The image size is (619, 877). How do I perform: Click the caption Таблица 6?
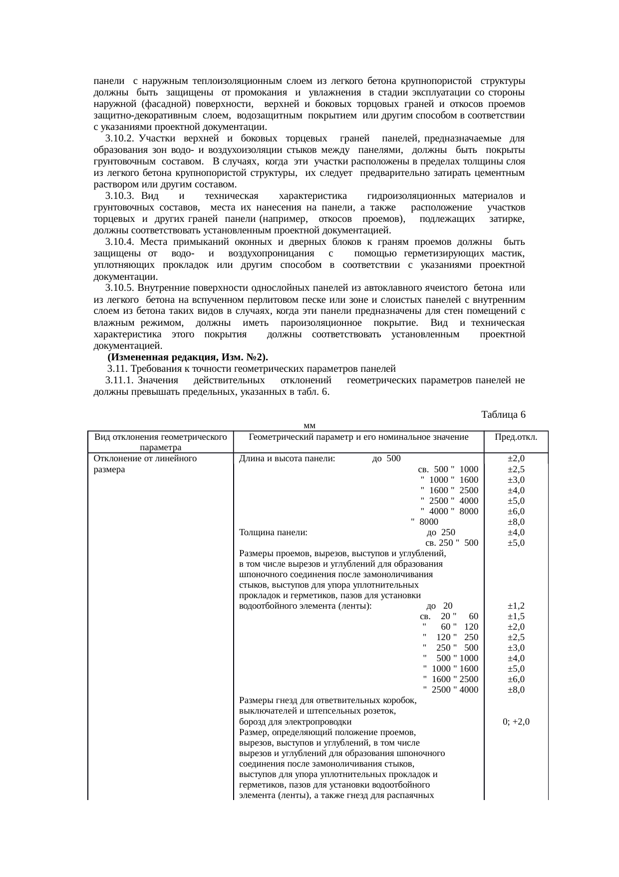pyautogui.click(x=503, y=415)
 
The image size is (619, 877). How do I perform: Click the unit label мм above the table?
pyautogui.click(x=309, y=426)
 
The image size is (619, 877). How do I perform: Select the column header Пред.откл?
pyautogui.click(x=516, y=437)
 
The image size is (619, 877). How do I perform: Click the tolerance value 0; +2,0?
pyautogui.click(x=516, y=722)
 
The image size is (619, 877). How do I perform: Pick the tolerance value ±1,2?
pyautogui.click(x=516, y=606)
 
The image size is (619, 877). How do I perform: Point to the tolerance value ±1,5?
pyautogui.click(x=516, y=616)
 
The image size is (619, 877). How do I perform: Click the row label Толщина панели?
pyautogui.click(x=273, y=533)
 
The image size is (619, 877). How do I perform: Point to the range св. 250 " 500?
pyautogui.click(x=451, y=543)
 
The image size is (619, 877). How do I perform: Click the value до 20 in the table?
pyautogui.click(x=440, y=606)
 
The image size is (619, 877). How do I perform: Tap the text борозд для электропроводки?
pyautogui.click(x=295, y=722)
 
